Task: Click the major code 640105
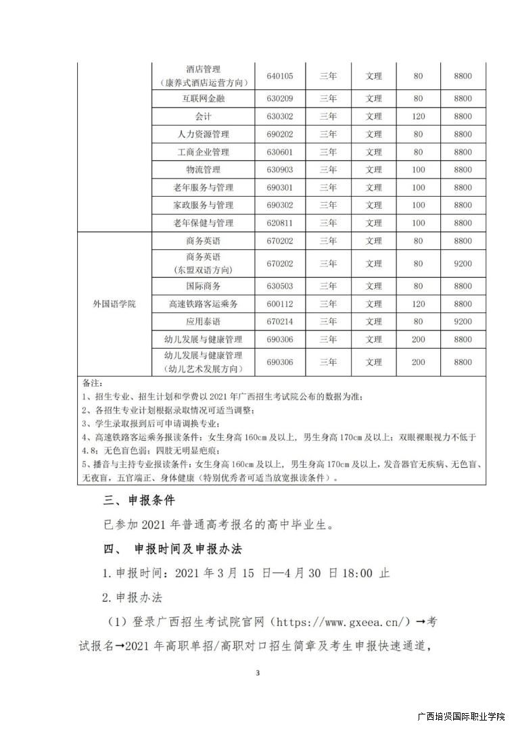point(279,76)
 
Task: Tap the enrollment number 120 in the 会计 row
point(418,116)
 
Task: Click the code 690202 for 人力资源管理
point(279,135)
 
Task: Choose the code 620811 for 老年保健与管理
point(279,223)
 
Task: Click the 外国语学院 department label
point(114,304)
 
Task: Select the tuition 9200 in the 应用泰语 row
point(463,322)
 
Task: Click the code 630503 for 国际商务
point(279,286)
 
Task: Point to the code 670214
point(279,322)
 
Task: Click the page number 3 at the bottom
point(258,673)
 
